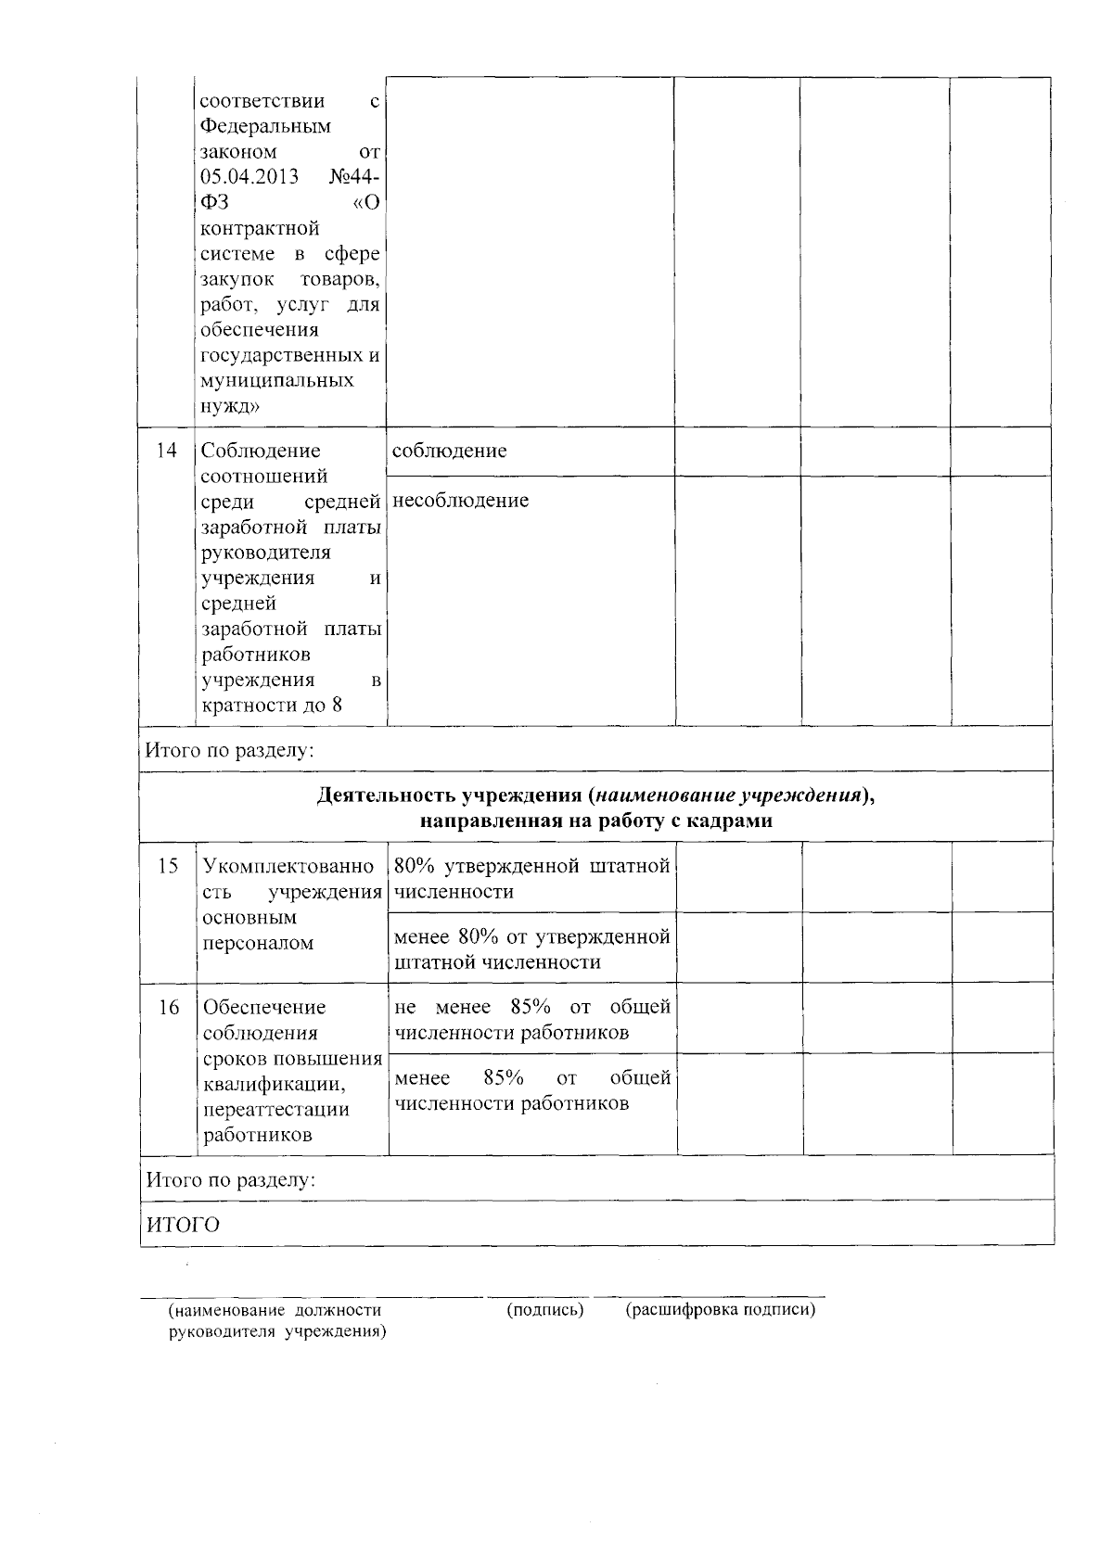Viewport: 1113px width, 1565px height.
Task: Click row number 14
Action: pyautogui.click(x=167, y=451)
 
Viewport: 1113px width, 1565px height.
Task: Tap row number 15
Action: pyautogui.click(x=168, y=866)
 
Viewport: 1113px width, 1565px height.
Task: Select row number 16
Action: pyautogui.click(x=168, y=1007)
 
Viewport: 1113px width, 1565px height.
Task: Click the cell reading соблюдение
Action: pyautogui.click(x=450, y=451)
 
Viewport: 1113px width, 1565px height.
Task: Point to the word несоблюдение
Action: pyautogui.click(x=461, y=501)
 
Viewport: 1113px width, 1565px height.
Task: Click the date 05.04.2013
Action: pyautogui.click(x=249, y=177)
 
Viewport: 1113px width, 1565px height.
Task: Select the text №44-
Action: pyautogui.click(x=354, y=177)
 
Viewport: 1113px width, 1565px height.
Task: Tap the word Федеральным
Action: pyautogui.click(x=266, y=126)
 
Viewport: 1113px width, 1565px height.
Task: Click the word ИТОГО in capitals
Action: pyautogui.click(x=183, y=1225)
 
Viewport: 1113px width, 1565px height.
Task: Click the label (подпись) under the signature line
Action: pyautogui.click(x=544, y=1310)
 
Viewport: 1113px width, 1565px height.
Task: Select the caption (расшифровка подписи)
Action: pyautogui.click(x=721, y=1310)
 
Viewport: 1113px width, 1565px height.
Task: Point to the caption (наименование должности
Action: pyautogui.click(x=275, y=1310)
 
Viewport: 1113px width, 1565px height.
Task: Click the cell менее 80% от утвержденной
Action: pyautogui.click(x=531, y=936)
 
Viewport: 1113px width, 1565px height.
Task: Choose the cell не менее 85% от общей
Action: pyautogui.click(x=531, y=1007)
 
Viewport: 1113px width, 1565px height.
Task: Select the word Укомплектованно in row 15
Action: pyautogui.click(x=288, y=866)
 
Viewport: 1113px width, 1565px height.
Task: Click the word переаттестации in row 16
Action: pyautogui.click(x=276, y=1110)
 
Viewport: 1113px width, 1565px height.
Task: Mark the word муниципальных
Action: pyautogui.click(x=277, y=380)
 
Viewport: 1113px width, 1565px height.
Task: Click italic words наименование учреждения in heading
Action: pyautogui.click(x=723, y=795)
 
